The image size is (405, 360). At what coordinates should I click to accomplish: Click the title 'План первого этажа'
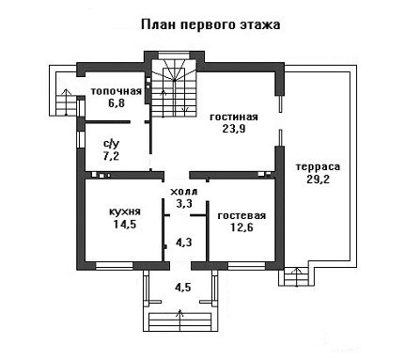[x=210, y=24]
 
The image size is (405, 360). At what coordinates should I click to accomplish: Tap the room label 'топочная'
[x=117, y=91]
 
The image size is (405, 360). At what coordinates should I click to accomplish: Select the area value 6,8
[x=117, y=103]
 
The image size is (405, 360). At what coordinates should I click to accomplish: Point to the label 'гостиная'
[x=234, y=117]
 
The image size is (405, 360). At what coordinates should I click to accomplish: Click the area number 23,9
[x=234, y=129]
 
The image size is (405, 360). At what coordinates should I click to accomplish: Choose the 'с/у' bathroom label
[x=112, y=145]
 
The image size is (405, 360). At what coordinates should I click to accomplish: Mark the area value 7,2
[x=111, y=156]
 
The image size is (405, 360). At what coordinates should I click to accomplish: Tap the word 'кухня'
[x=125, y=212]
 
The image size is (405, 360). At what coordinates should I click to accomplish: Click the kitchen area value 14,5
[x=125, y=224]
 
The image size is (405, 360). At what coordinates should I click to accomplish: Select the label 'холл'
[x=183, y=192]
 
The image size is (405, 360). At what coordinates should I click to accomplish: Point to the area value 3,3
[x=183, y=204]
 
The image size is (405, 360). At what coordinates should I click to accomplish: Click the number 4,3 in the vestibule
[x=183, y=243]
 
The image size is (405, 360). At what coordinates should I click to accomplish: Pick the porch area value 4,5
[x=183, y=287]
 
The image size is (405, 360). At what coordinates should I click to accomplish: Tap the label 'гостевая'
[x=241, y=216]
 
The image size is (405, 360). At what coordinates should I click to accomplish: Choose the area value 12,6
[x=241, y=227]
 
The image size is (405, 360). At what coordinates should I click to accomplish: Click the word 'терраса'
[x=318, y=167]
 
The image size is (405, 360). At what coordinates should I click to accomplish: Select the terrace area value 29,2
[x=318, y=179]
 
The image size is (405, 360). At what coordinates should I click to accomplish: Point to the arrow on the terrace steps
[x=297, y=277]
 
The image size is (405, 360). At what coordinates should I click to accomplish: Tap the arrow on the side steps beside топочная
[x=66, y=102]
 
